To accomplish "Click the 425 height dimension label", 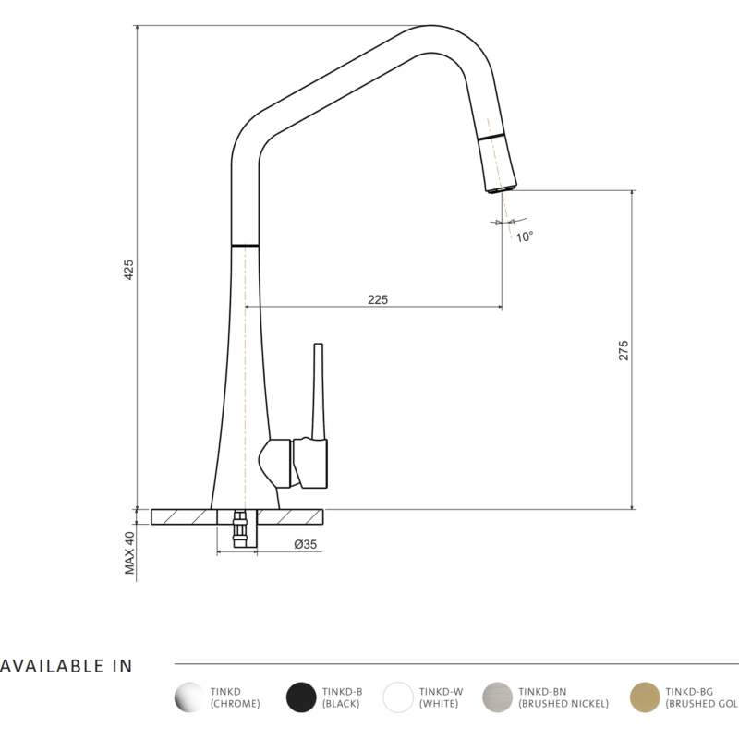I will point(129,269).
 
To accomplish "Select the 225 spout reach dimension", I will point(377,299).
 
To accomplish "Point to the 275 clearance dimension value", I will point(624,350).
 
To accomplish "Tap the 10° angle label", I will point(525,236).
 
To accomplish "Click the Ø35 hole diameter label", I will point(305,545).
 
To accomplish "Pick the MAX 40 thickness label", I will point(130,553).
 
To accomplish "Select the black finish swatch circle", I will point(302,697).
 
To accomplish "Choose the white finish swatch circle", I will point(399,697).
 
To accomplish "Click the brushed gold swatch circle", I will point(645,697).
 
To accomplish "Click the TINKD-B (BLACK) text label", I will point(341,697).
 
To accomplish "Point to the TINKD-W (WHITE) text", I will point(442,697).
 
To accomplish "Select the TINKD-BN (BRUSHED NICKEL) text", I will point(563,697).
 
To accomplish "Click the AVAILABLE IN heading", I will point(67,666).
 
